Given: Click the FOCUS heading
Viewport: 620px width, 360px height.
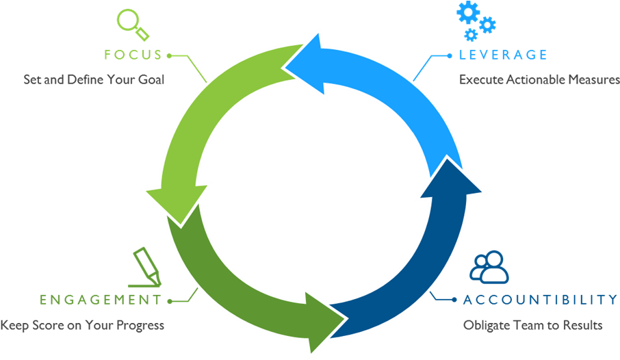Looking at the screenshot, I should tap(133, 54).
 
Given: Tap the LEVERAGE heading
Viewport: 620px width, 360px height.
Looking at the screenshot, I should tap(503, 54).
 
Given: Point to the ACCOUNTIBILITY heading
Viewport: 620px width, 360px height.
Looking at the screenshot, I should tap(540, 299).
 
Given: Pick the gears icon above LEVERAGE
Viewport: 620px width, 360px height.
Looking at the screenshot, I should tap(476, 21).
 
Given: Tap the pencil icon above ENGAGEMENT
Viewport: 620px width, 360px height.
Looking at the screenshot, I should tap(145, 267).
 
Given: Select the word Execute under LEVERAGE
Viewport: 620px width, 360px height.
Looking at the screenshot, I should tap(481, 79).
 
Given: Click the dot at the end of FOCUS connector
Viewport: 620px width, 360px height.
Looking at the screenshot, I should tap(169, 54).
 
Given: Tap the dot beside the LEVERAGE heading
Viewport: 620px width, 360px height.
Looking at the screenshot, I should tap(450, 54).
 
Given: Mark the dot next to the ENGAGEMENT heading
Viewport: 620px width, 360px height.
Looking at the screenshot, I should tap(169, 300).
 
